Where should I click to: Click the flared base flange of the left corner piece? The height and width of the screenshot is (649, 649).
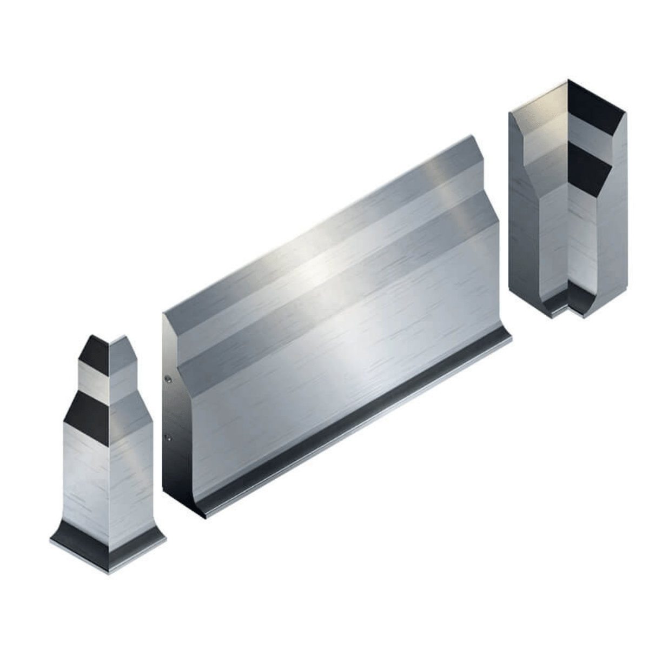click(108, 546)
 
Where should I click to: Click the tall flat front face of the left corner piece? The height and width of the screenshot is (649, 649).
click(87, 476)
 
